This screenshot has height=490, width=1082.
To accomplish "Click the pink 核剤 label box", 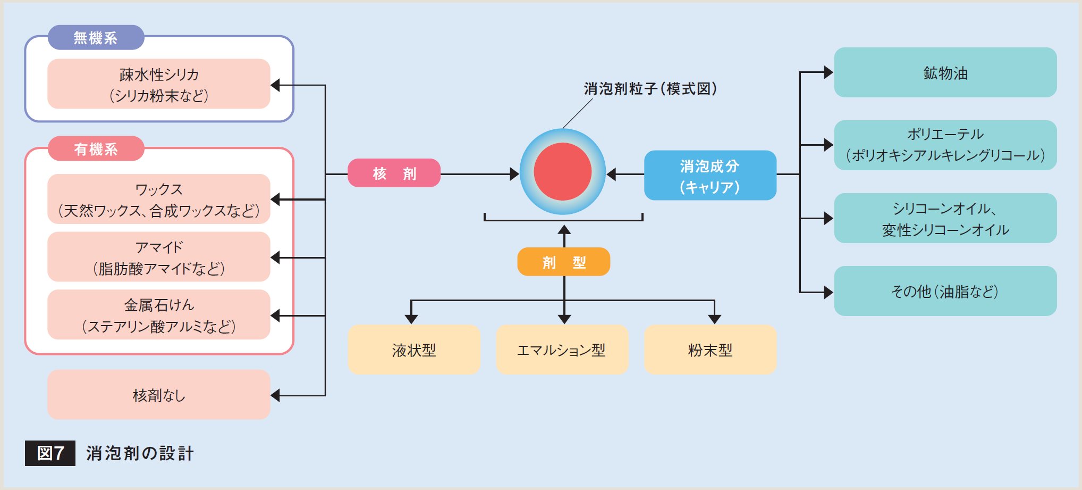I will click(394, 173).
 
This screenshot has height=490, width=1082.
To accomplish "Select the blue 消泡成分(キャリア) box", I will click(710, 176).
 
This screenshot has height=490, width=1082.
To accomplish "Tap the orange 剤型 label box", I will click(563, 262).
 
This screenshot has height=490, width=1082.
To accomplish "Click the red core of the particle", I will click(562, 171).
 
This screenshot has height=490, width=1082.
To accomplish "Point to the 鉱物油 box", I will click(945, 72).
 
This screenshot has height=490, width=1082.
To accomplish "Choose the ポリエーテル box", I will click(945, 145).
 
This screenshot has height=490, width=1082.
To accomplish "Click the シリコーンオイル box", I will click(945, 218).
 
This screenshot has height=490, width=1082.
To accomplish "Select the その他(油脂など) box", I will click(945, 291).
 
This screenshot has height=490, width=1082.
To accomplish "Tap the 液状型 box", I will click(414, 350).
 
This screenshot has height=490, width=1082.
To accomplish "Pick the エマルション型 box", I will click(562, 350).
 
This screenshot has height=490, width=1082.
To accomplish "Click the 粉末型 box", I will click(710, 350).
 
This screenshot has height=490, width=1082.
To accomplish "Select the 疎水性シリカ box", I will click(159, 84).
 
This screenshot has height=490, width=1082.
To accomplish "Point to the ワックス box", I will click(159, 199).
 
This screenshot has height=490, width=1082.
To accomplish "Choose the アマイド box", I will click(159, 257).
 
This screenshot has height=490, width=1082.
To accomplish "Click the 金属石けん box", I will click(159, 315).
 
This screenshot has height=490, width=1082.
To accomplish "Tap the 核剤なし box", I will click(159, 395).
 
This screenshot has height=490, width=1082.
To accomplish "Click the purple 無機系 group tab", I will click(96, 38).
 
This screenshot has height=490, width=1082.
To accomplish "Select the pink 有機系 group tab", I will click(96, 149).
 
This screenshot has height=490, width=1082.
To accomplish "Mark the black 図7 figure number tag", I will click(50, 453).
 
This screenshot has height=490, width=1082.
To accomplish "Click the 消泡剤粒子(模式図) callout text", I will click(650, 88).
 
